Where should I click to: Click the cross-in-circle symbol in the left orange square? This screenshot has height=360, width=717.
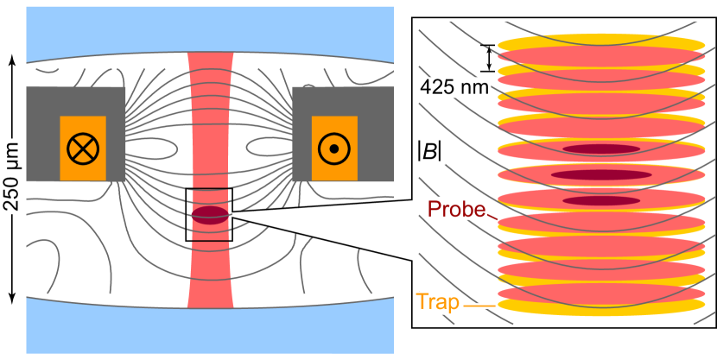83,148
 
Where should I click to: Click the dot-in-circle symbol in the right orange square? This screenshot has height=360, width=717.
333,148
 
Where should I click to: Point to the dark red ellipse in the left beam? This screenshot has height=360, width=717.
210,215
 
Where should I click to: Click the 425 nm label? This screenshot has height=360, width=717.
454,87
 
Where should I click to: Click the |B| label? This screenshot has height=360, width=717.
429,151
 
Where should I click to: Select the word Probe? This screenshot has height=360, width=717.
456,209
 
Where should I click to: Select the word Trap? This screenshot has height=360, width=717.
437,302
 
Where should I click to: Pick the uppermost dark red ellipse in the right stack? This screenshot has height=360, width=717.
601,149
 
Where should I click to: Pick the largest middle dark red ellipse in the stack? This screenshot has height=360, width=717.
601,175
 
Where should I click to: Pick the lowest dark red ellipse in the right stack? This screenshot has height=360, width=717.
601,200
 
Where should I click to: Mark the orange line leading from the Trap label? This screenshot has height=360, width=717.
479,304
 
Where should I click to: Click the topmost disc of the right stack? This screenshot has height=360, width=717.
601,42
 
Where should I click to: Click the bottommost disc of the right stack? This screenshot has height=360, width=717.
601,305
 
